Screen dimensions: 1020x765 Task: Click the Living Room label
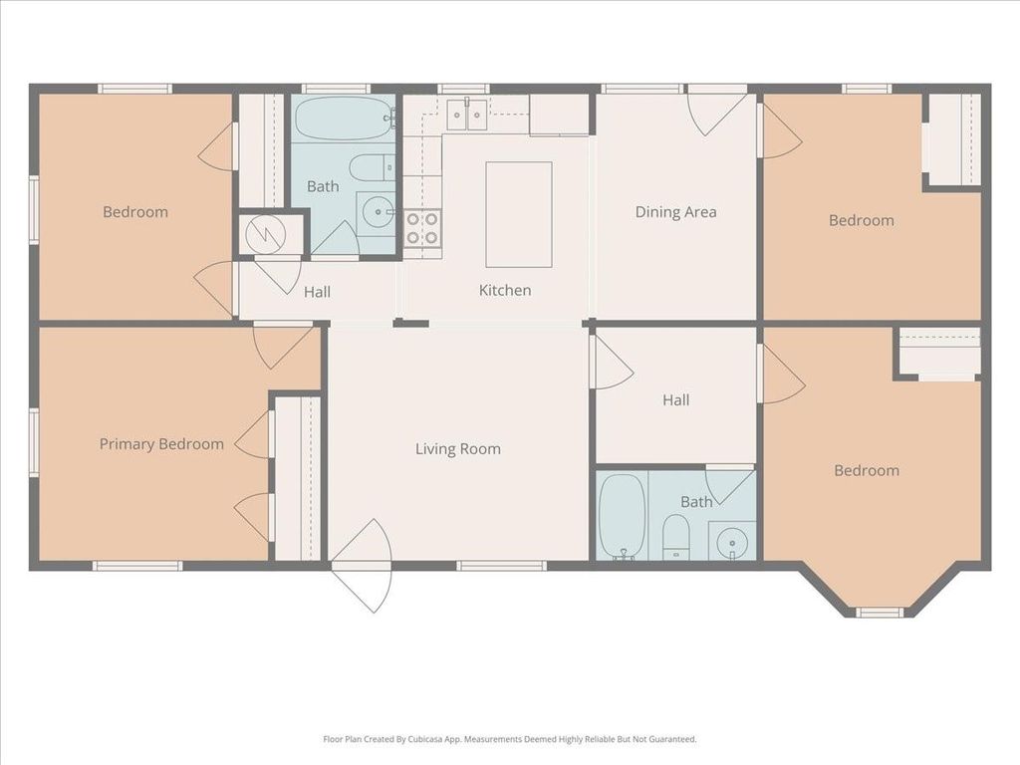(x=458, y=449)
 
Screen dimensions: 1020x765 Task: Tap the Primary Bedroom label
(x=161, y=444)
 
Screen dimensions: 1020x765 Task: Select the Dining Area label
(x=676, y=212)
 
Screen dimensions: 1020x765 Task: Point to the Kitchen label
(x=505, y=290)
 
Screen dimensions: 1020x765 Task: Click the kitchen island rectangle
(x=519, y=215)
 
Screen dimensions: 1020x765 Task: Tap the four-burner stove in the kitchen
(x=422, y=228)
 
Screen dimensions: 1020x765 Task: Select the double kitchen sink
(x=467, y=116)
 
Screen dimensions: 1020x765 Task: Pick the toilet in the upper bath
(x=372, y=167)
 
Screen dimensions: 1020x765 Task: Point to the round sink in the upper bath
(x=378, y=211)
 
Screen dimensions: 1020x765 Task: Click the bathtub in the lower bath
(x=623, y=516)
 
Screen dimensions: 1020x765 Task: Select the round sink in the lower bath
(x=732, y=541)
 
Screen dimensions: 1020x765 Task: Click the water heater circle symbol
(x=265, y=234)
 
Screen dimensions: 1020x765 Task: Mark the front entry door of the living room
(x=361, y=566)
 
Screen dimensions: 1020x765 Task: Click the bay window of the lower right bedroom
(x=879, y=613)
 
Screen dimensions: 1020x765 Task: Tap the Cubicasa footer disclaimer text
(x=510, y=739)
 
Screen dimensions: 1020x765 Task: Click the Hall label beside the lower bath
(x=676, y=400)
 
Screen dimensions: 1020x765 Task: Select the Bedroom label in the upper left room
(x=135, y=212)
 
